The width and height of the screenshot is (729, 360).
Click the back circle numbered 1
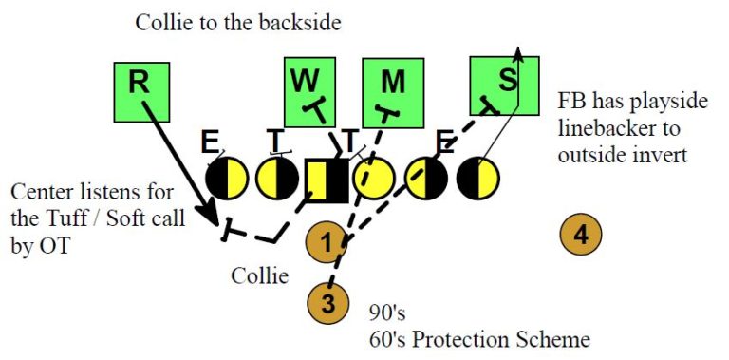(326, 242)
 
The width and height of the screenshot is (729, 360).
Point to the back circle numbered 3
(327, 305)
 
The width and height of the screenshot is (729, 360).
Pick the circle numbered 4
(580, 235)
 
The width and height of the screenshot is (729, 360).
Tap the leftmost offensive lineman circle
(227, 178)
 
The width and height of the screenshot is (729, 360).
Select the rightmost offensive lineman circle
(477, 178)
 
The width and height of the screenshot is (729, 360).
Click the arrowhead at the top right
(518, 53)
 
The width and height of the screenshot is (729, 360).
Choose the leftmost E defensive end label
(209, 142)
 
